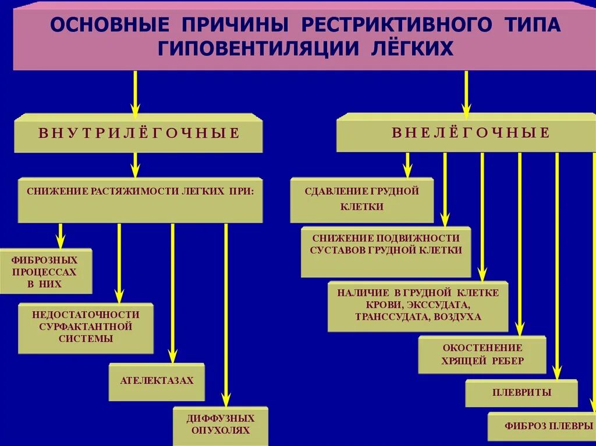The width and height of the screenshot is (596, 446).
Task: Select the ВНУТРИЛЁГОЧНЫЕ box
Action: coord(139,133)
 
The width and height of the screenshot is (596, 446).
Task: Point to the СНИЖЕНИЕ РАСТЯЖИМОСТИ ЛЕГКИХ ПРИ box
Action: coord(140,199)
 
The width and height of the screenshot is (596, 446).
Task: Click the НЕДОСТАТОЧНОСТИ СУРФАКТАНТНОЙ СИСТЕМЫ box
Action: coord(86,327)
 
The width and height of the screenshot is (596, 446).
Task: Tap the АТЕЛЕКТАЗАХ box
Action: coord(157,381)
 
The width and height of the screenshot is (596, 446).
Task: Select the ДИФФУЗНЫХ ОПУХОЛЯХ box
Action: coord(221,425)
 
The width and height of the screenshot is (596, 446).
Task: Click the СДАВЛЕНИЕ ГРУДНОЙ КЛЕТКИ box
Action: coord(361,199)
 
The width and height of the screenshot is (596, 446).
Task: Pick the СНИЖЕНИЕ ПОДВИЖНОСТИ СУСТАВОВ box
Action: coord(385,251)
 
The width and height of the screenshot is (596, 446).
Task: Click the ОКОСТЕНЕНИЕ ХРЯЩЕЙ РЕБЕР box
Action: coord(482,354)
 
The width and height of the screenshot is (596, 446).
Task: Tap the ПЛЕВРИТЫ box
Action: coord(521,393)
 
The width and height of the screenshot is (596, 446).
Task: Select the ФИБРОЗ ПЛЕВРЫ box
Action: coord(541,426)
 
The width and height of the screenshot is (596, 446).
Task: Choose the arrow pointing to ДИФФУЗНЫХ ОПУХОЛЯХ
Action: coord(226,314)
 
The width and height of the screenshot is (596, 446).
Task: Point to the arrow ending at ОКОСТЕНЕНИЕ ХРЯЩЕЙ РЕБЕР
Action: coord(520,244)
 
